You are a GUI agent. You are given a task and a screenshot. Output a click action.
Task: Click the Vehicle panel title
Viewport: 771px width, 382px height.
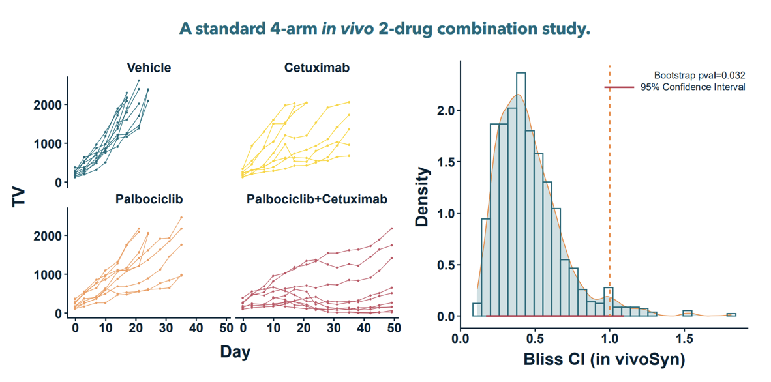pyautogui.click(x=149, y=68)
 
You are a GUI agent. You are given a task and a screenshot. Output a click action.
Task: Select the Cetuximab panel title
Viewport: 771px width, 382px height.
pyautogui.click(x=316, y=68)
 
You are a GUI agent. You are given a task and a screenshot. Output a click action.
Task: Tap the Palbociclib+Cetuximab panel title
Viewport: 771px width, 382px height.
pyautogui.click(x=316, y=199)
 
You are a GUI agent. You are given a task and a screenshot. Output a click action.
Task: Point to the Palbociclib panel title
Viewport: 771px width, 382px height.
pyautogui.click(x=149, y=199)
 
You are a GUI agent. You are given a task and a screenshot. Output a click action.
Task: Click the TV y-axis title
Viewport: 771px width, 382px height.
pyautogui.click(x=20, y=196)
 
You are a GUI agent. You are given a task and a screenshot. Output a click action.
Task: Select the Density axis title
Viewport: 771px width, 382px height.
pyautogui.click(x=422, y=196)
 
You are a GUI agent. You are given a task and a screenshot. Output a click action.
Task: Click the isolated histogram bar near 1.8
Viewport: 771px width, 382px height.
pyautogui.click(x=731, y=315)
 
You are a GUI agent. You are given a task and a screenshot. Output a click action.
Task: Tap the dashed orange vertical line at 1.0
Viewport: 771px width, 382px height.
pyautogui.click(x=610, y=196)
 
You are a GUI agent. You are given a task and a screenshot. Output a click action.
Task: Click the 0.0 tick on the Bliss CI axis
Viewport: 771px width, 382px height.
pyautogui.click(x=461, y=339)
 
